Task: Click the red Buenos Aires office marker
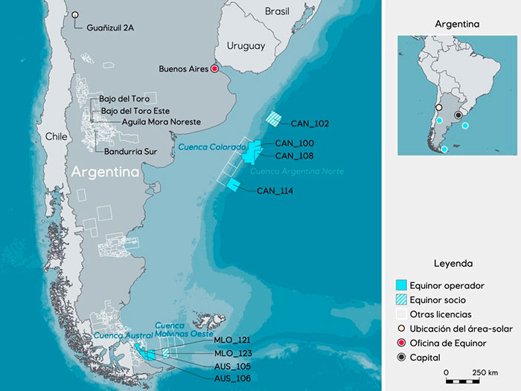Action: pos(214,69)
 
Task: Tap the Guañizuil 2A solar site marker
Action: pos(74,14)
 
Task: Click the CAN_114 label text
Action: pos(275,191)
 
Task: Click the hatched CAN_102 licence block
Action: pos(275,118)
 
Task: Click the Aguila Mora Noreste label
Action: pos(160,121)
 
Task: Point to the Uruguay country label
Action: pos(246,46)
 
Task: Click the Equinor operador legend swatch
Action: pos(402,285)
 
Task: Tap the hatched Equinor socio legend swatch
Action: pos(402,299)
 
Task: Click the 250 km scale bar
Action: pos(472,381)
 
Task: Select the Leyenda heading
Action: pos(453,263)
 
